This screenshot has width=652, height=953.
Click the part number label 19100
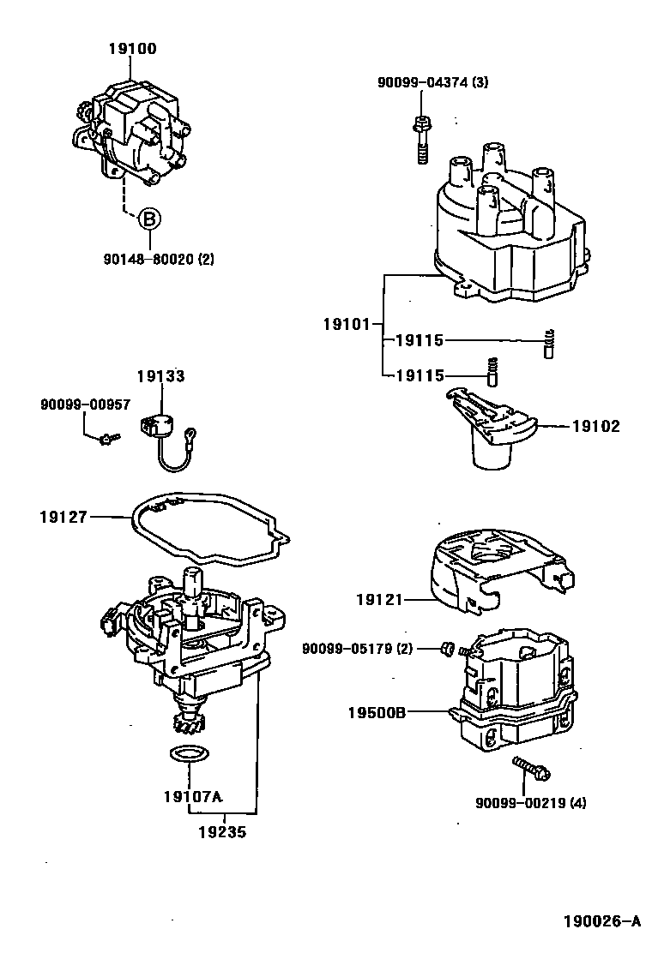click(132, 49)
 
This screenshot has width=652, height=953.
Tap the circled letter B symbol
click(148, 219)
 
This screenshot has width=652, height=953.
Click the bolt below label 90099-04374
click(421, 138)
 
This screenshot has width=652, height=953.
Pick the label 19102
click(595, 426)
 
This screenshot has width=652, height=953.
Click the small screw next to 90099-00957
click(108, 438)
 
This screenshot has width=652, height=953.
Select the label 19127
click(62, 516)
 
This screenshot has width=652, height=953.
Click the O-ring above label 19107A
click(185, 754)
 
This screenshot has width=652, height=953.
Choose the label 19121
click(379, 600)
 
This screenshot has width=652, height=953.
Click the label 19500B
click(377, 711)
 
